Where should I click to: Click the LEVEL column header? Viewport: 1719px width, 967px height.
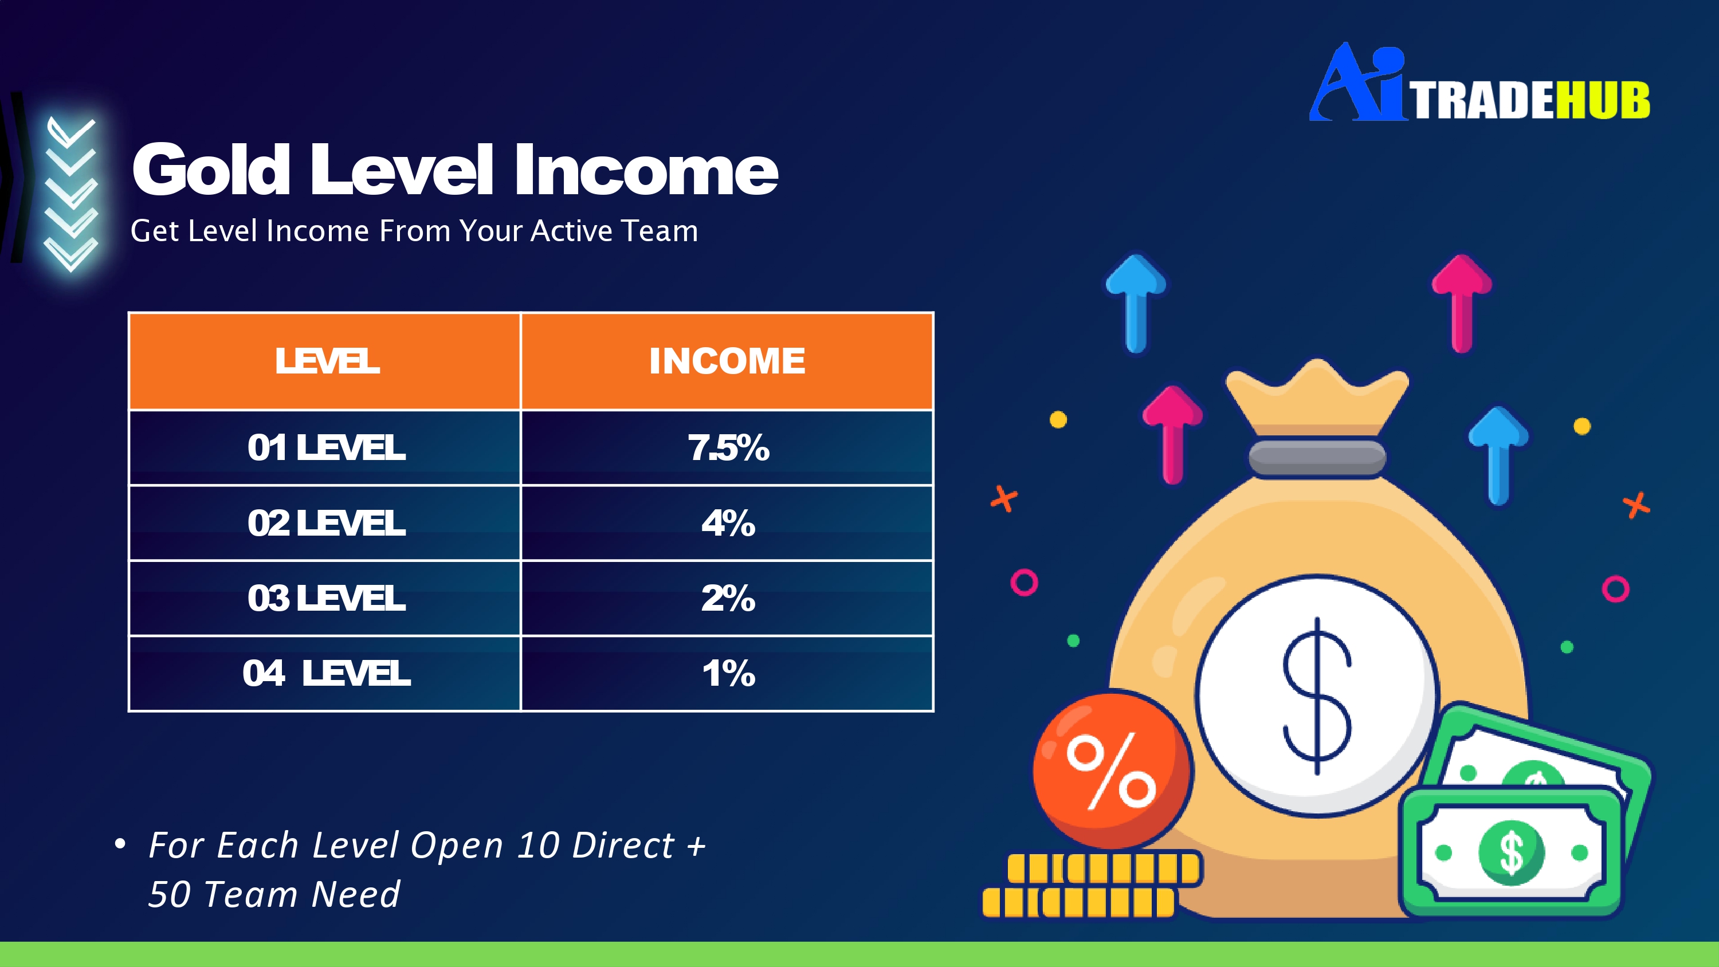[327, 361]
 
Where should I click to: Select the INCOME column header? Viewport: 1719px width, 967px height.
[727, 361]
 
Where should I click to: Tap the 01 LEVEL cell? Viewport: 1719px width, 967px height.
[326, 447]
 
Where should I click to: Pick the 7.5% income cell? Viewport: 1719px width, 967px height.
[729, 447]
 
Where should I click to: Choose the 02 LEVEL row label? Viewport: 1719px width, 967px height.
[326, 522]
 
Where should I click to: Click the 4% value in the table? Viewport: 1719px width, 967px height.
[729, 522]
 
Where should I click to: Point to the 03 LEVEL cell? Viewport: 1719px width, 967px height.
[326, 598]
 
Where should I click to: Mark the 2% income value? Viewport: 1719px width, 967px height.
[729, 598]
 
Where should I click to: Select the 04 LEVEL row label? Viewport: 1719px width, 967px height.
[326, 673]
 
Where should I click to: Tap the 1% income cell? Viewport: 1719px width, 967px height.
[729, 673]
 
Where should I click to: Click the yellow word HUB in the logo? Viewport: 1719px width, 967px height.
[1603, 101]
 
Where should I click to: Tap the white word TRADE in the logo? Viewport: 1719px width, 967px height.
[1481, 101]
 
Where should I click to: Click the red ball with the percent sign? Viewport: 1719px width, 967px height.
[1112, 769]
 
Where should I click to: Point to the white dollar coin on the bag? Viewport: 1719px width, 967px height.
[1317, 696]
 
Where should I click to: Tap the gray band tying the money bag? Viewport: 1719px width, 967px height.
[1317, 458]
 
